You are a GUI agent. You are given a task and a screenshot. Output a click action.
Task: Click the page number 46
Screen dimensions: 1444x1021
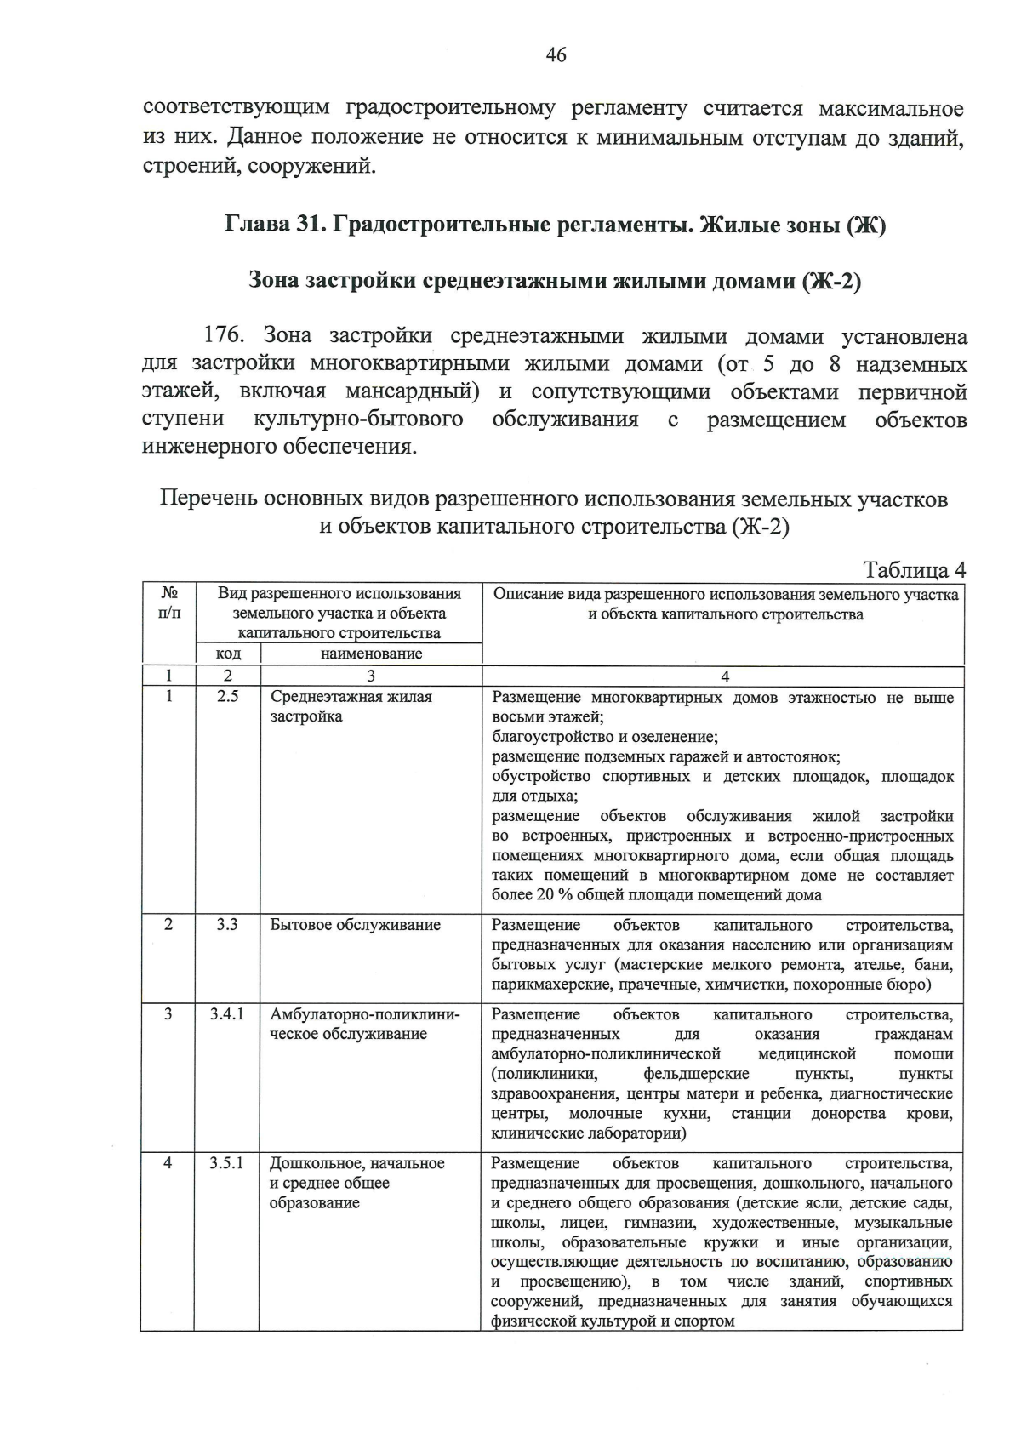tap(556, 55)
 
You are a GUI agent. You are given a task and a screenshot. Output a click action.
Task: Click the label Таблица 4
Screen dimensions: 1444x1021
tap(914, 569)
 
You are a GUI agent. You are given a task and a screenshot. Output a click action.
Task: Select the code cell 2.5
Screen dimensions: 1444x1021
tap(227, 696)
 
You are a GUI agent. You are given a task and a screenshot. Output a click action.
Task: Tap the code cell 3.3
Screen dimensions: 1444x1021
tap(227, 924)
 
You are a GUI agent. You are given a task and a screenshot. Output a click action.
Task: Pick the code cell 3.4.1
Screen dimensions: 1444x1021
tap(227, 1014)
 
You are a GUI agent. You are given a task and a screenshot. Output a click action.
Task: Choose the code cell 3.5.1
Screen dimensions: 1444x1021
tap(227, 1162)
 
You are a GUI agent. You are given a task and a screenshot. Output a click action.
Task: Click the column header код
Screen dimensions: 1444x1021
tap(228, 654)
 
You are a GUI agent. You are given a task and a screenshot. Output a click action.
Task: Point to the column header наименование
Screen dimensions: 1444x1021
tap(371, 654)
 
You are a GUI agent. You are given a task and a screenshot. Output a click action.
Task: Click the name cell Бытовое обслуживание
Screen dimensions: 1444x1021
tap(355, 925)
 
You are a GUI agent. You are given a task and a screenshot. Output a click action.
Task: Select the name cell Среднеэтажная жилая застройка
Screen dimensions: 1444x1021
tap(351, 706)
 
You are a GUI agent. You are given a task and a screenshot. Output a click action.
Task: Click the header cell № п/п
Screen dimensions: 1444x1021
tap(168, 602)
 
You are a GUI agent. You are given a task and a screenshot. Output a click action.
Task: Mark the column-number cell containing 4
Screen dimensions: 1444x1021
tap(724, 676)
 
